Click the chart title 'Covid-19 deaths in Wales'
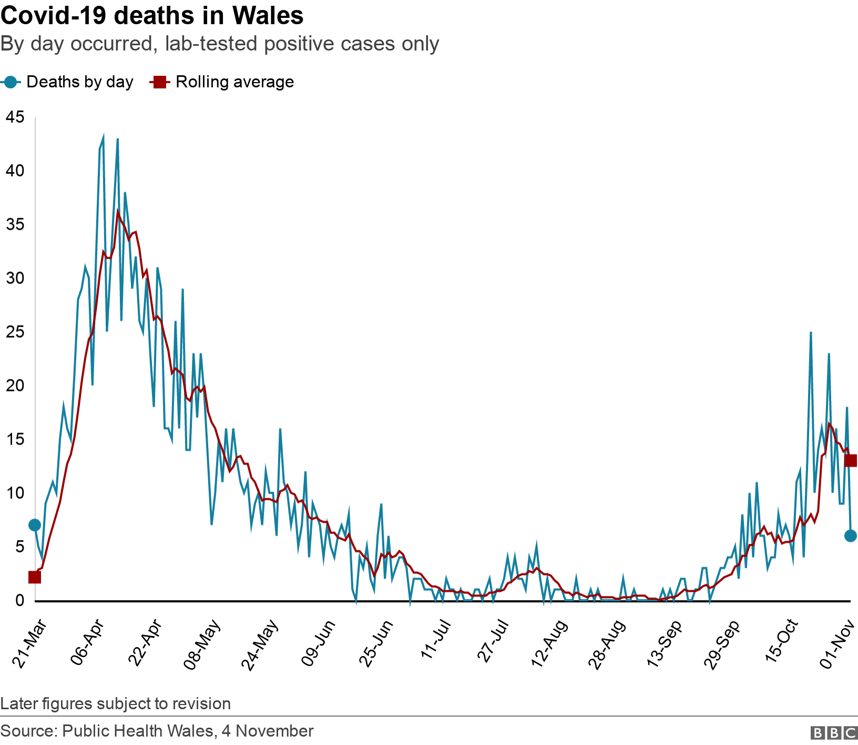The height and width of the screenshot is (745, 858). click(x=152, y=16)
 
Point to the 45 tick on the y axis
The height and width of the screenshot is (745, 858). click(x=15, y=117)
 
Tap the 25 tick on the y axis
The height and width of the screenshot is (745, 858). click(x=15, y=332)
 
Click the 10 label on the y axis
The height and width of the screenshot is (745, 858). click(x=15, y=493)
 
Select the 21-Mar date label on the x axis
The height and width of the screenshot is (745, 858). click(x=29, y=644)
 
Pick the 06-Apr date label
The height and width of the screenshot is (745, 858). click(x=88, y=644)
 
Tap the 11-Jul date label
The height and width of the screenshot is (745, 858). click(x=436, y=639)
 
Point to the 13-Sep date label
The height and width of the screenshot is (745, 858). click(x=665, y=644)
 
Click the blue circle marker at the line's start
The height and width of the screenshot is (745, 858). click(x=35, y=525)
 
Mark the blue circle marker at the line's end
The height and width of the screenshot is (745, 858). click(x=851, y=536)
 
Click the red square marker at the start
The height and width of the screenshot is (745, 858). click(x=35, y=577)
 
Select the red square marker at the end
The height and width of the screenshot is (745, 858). click(x=851, y=461)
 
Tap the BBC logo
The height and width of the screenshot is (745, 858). click(x=834, y=732)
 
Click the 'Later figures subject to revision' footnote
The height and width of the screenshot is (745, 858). click(x=116, y=703)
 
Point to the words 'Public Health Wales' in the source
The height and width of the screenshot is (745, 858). click(x=138, y=731)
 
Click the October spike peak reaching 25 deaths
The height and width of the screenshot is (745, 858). click(x=811, y=333)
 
